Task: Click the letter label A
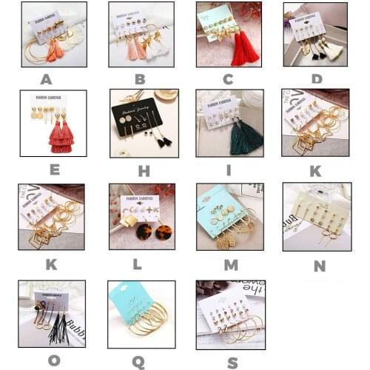point(47,79)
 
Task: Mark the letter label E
point(54,169)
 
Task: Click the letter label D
point(317,79)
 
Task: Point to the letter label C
point(229,79)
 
